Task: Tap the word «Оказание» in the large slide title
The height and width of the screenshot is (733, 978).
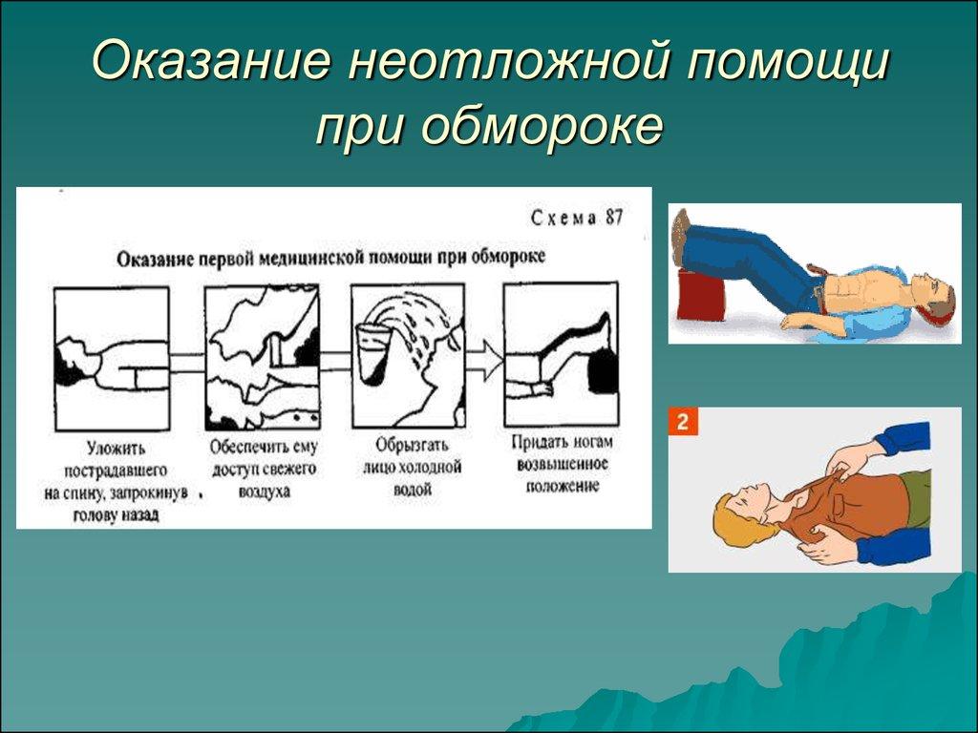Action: (209, 59)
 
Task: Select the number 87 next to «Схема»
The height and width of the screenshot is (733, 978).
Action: (614, 218)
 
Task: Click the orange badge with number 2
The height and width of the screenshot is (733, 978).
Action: (683, 421)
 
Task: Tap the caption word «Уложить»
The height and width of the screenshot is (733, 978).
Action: (116, 448)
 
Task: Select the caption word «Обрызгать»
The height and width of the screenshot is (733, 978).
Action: (412, 445)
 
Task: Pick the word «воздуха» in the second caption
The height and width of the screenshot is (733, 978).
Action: (265, 492)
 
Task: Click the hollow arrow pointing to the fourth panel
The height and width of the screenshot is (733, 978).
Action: (482, 360)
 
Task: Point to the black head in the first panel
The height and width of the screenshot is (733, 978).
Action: (68, 368)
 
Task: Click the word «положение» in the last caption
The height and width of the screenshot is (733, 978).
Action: (562, 486)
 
